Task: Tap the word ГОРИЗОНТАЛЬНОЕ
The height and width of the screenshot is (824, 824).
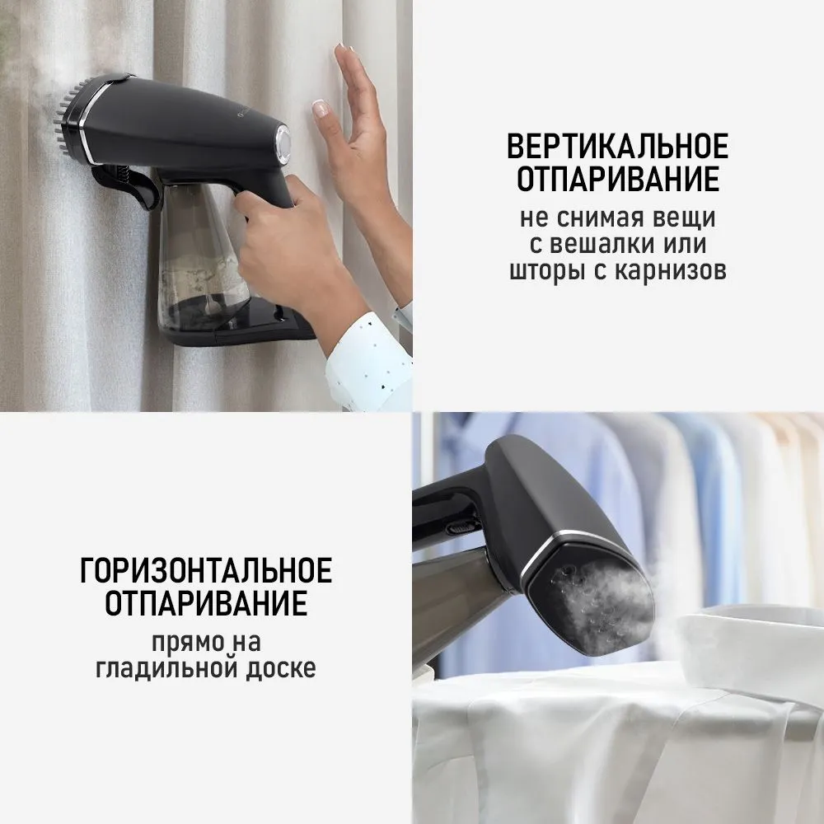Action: (x=206, y=570)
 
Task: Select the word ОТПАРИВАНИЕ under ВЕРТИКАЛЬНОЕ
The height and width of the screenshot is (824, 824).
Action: (x=617, y=179)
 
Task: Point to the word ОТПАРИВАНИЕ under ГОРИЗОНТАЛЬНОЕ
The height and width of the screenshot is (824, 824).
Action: (x=206, y=603)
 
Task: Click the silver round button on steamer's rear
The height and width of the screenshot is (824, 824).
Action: (x=283, y=141)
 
